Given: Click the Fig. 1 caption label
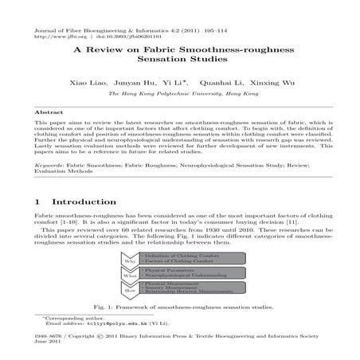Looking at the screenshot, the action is pyautogui.click(x=106, y=307).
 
